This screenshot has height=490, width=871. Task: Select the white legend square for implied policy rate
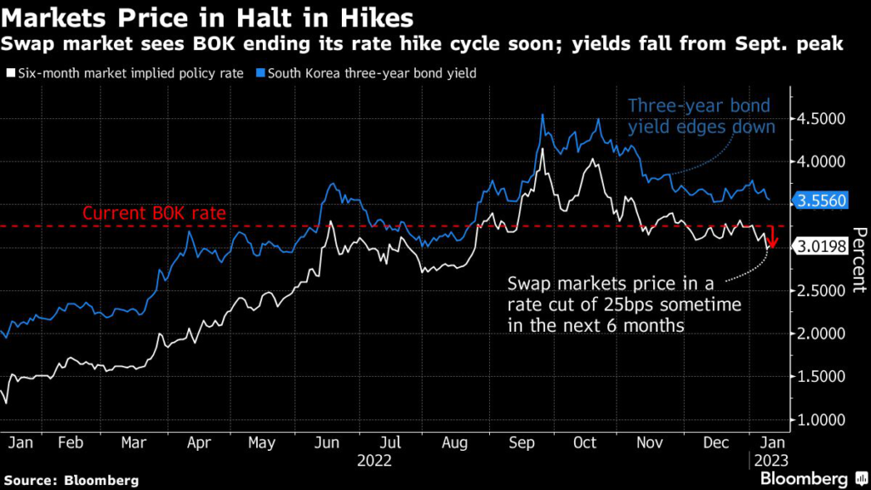[9, 74]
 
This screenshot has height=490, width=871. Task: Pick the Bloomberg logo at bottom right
[804, 478]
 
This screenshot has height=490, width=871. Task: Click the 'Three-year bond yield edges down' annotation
[701, 117]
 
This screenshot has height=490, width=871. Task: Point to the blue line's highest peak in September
[543, 115]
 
